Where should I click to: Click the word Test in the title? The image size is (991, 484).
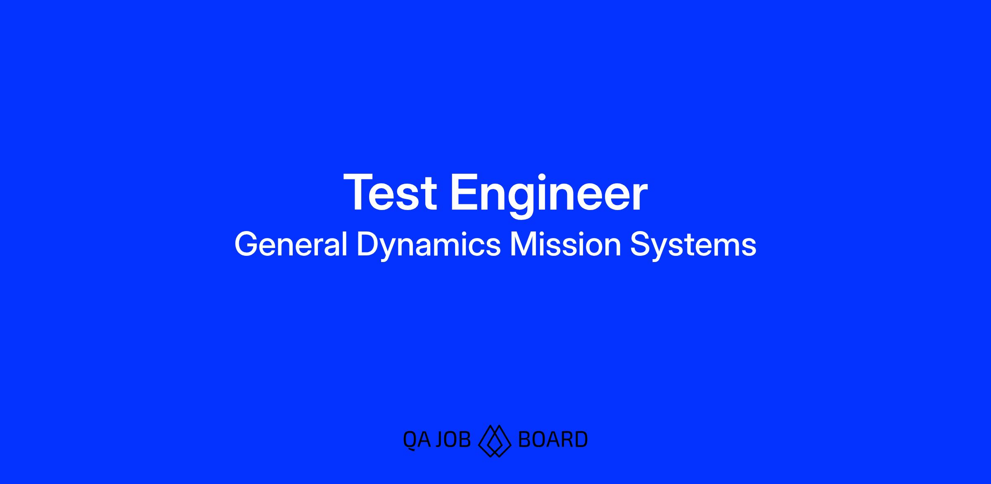[390, 193]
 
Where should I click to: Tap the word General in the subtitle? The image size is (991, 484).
[291, 245]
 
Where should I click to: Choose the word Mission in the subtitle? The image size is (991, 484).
[565, 245]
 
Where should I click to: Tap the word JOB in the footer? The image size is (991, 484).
[453, 439]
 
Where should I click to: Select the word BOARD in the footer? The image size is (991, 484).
[552, 439]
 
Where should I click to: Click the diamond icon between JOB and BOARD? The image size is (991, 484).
[494, 440]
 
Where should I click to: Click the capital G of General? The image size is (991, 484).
[246, 245]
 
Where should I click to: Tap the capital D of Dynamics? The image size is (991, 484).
[367, 245]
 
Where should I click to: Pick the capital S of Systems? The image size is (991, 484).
[639, 245]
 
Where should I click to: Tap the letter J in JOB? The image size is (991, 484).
[440, 439]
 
